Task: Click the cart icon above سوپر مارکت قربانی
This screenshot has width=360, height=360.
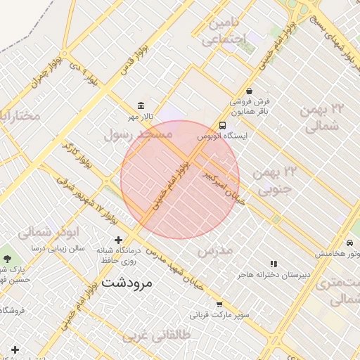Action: tap(219, 304)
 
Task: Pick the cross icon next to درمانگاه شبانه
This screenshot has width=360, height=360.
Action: tap(118, 240)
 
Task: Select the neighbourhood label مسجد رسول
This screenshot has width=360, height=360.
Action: tap(137, 134)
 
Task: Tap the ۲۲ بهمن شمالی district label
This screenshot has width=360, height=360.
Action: tap(324, 117)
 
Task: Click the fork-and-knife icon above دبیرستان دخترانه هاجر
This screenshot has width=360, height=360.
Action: tap(273, 264)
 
